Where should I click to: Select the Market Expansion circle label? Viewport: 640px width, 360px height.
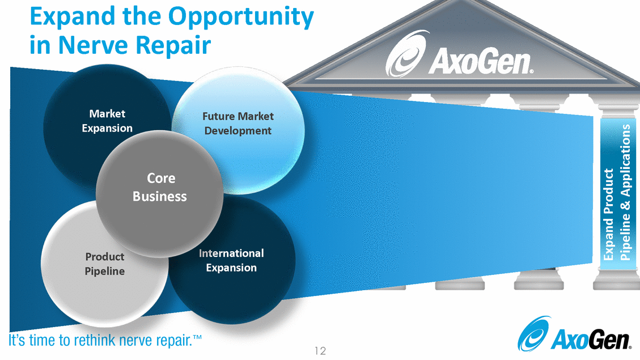click(x=107, y=121)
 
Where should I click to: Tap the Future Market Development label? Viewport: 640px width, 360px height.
click(x=238, y=123)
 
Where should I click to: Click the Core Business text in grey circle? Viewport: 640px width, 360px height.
click(x=160, y=187)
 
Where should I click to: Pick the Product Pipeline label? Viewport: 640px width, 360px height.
click(x=105, y=264)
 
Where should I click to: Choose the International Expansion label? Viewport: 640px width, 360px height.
click(x=231, y=260)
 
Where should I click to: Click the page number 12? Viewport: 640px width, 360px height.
click(x=320, y=351)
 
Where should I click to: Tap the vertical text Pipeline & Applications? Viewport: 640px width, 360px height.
click(x=625, y=193)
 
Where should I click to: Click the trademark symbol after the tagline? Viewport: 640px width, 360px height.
click(x=198, y=338)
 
